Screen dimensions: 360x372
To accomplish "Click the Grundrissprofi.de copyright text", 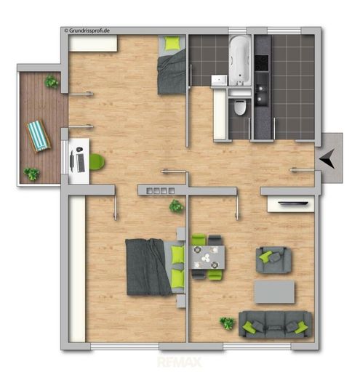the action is [87, 31].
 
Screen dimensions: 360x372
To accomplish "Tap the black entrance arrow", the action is [328, 158].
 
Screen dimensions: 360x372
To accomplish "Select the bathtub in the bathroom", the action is [239, 60].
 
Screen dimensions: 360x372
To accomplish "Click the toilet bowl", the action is [239, 107].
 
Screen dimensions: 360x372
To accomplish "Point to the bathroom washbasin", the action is [219, 80].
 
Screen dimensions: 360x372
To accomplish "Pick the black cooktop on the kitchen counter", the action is [261, 62].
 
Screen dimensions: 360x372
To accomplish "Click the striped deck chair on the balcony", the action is [38, 136].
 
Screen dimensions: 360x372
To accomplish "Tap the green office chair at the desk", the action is [97, 162].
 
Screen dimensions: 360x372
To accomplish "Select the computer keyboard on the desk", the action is [81, 163].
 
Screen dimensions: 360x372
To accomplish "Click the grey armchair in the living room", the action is [273, 260].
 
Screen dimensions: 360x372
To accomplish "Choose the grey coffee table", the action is [274, 291].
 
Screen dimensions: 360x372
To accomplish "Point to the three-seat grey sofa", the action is [275, 324].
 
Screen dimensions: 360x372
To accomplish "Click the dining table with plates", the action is [207, 257].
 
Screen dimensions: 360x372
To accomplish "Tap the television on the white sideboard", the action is [293, 203].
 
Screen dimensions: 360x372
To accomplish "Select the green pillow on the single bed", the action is [172, 43].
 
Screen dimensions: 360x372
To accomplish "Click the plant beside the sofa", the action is [227, 323].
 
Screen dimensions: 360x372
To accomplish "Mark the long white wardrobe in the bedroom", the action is [77, 269].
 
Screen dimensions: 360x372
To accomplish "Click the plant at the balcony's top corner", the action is [52, 81].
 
